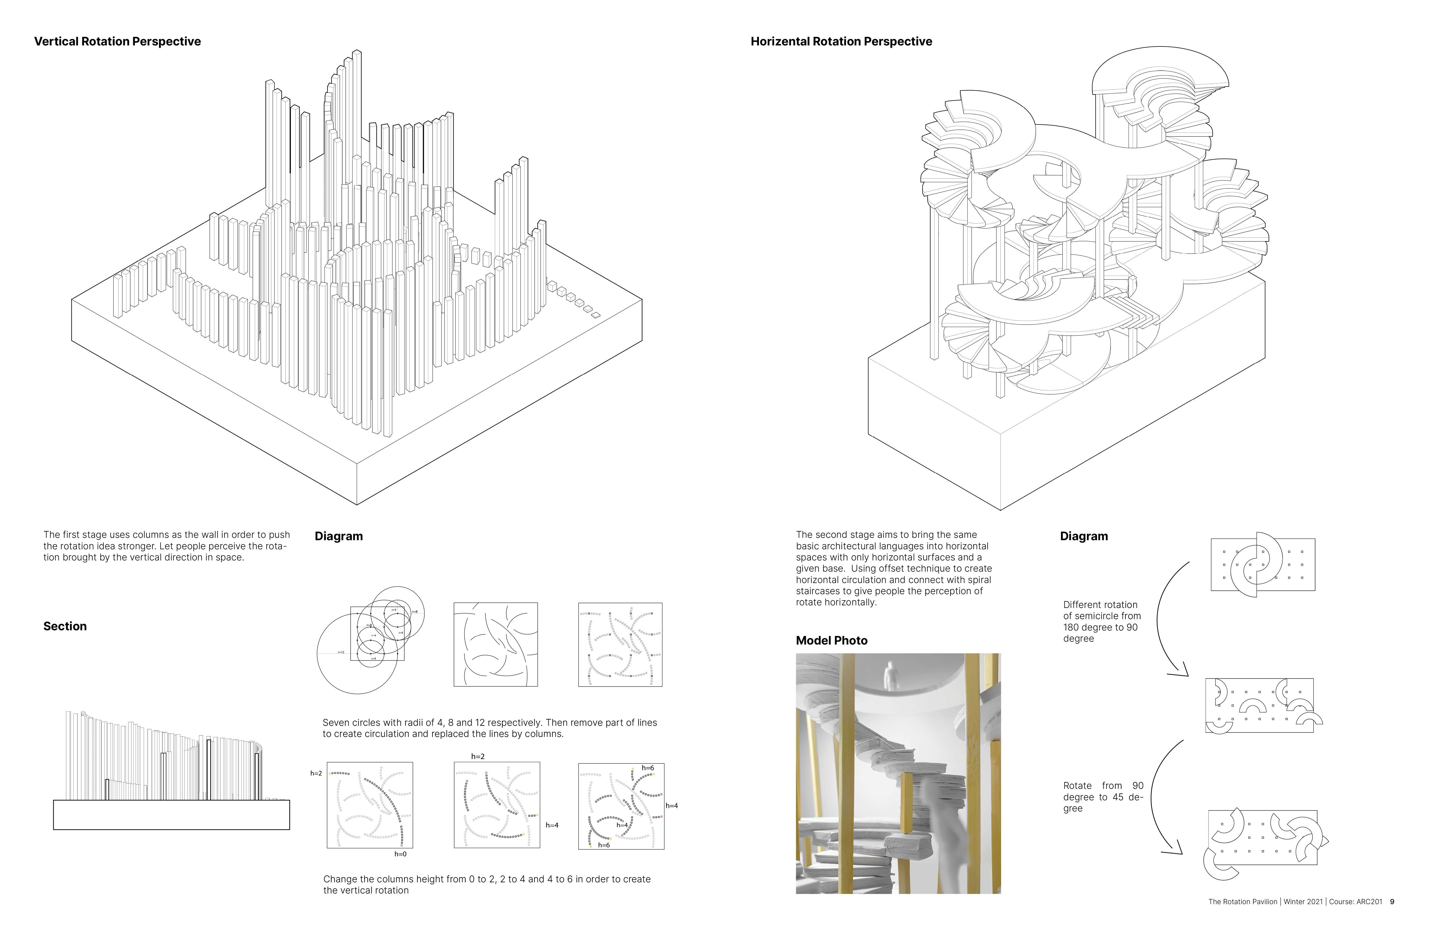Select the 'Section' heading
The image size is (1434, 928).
point(65,626)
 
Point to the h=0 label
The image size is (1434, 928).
point(400,854)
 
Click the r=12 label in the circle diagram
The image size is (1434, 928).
point(341,652)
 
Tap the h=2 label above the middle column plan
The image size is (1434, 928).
point(478,756)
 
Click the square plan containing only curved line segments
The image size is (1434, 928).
point(495,644)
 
